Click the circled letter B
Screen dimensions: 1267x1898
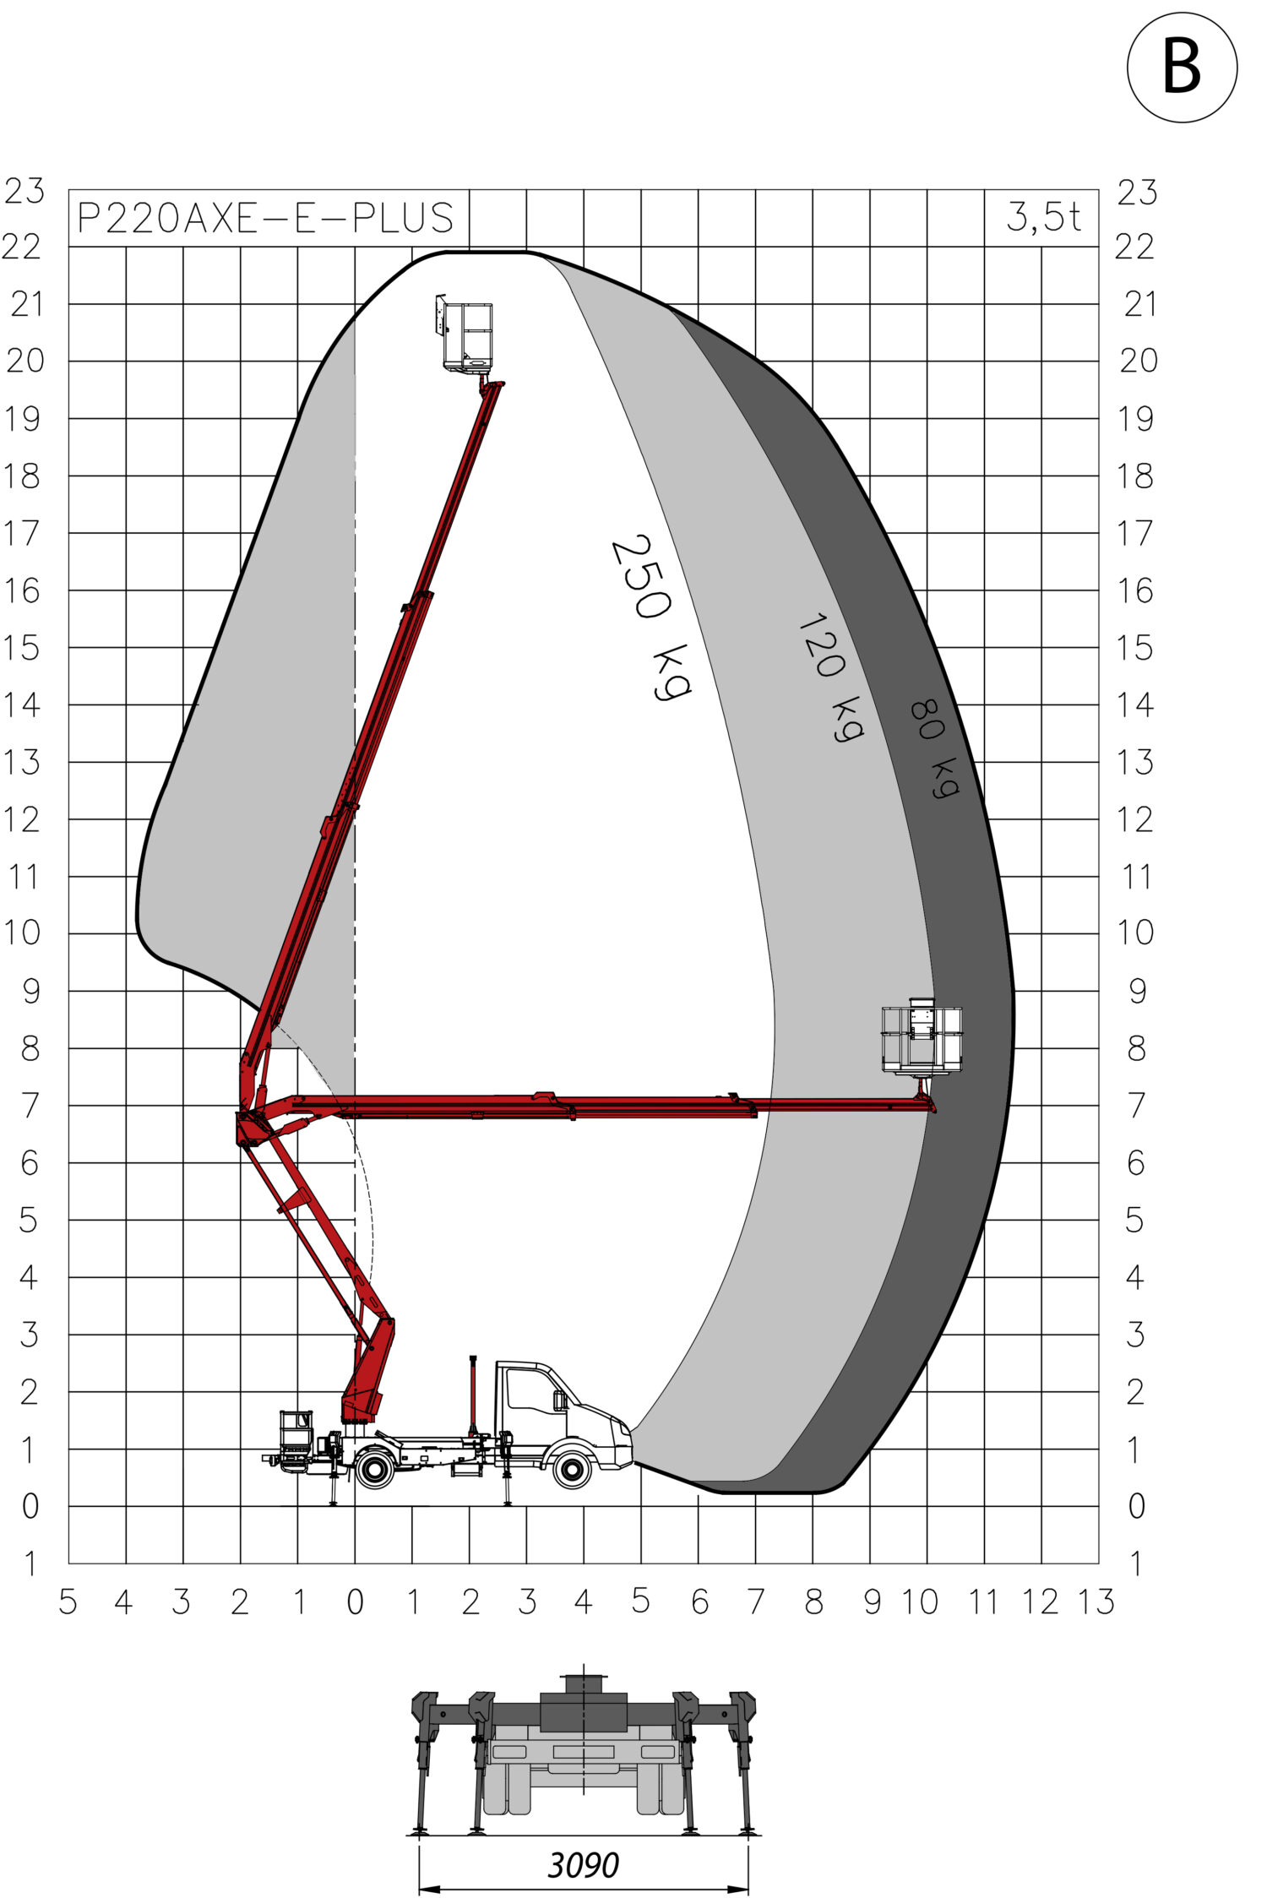click(x=1181, y=67)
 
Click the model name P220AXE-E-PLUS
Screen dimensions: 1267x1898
click(x=266, y=218)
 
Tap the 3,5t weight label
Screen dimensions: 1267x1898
click(x=1043, y=217)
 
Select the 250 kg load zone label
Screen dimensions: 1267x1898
click(x=650, y=617)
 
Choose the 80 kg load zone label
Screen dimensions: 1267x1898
click(x=935, y=748)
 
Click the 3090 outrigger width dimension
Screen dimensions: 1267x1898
click(x=583, y=1864)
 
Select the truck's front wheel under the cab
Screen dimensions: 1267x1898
click(x=572, y=1470)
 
